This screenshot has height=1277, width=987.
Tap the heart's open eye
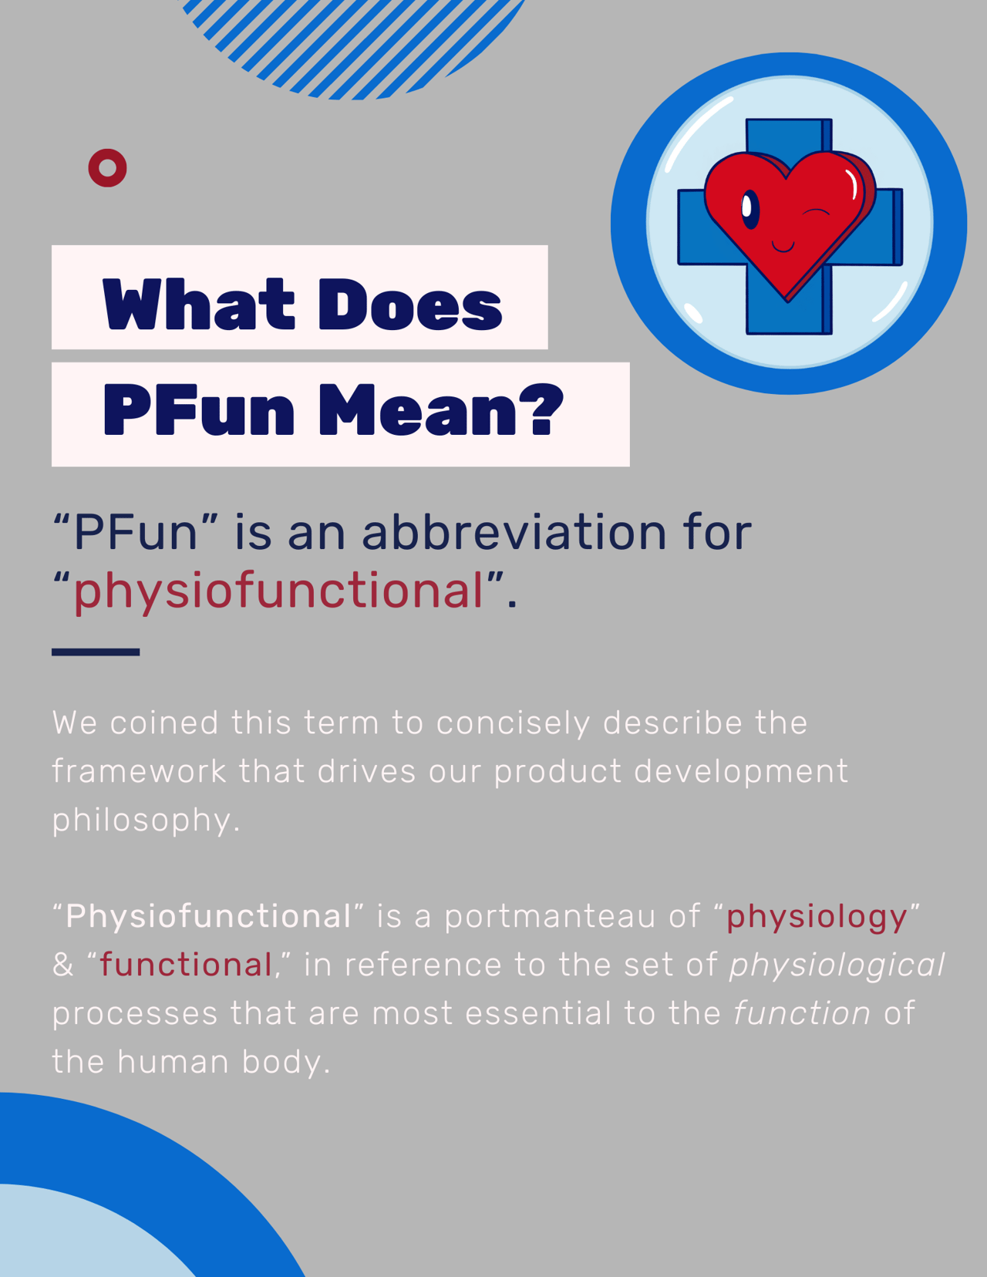[x=750, y=210]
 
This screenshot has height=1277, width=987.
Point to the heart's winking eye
[x=816, y=211]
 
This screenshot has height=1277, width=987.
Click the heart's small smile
[x=783, y=246]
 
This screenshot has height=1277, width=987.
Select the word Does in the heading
[x=410, y=304]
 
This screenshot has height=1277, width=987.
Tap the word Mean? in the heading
[x=440, y=409]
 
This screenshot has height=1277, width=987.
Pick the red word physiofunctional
[x=278, y=591]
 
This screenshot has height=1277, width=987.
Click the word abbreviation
[x=514, y=532]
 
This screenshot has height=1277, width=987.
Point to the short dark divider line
[x=96, y=652]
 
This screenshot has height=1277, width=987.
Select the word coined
[x=164, y=723]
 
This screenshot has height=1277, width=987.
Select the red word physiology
[x=817, y=918]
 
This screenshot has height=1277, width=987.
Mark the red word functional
[x=186, y=965]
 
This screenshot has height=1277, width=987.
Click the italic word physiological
[x=837, y=966]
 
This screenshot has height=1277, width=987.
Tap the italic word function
[x=802, y=1013]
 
